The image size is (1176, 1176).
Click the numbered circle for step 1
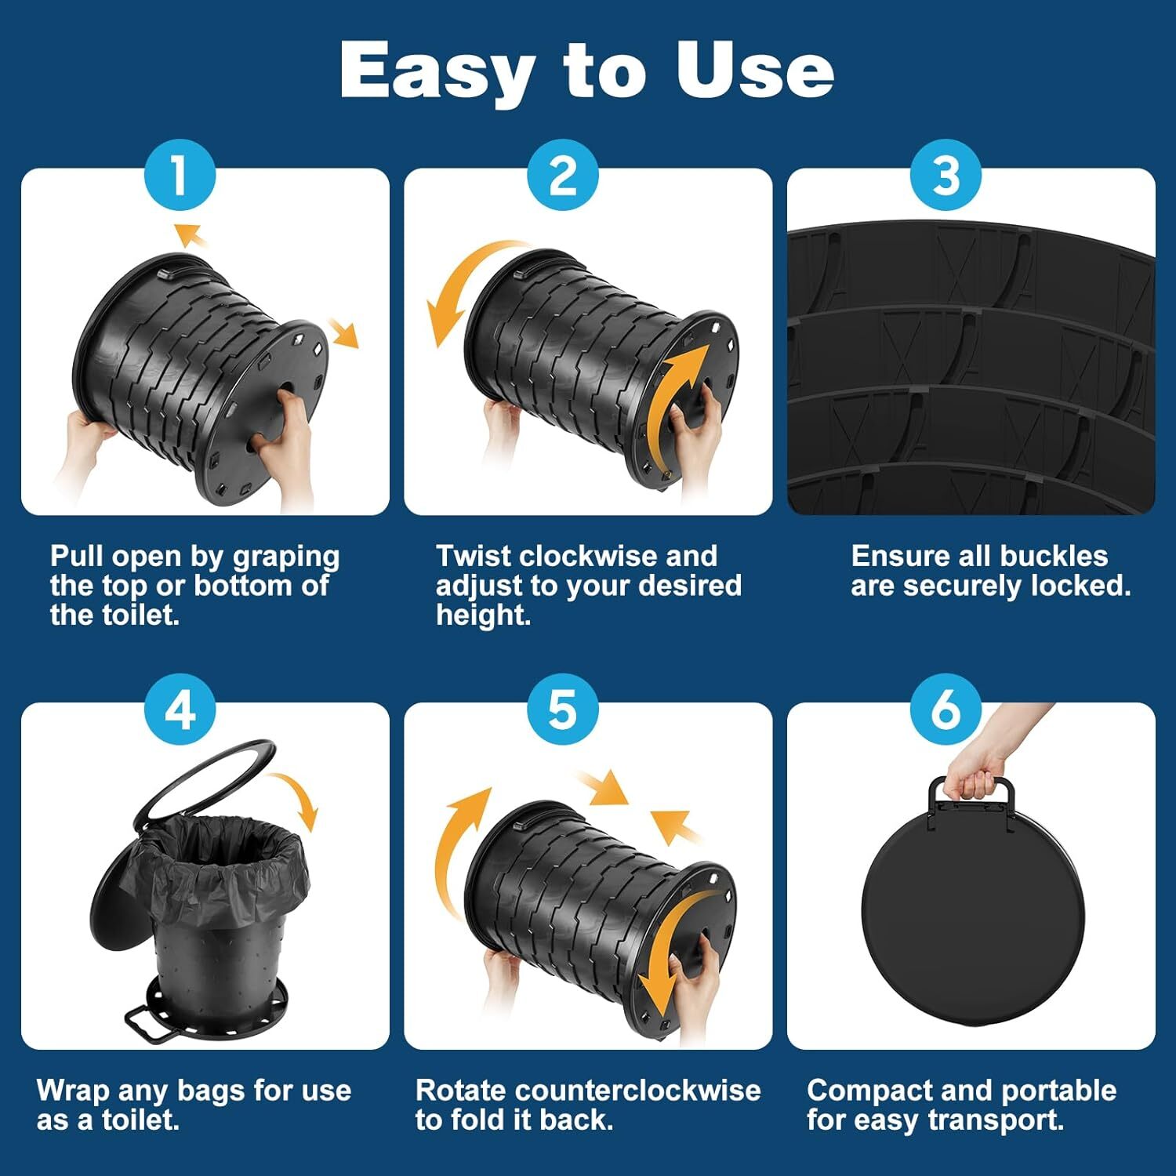tap(180, 175)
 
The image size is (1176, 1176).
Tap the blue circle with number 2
tap(563, 175)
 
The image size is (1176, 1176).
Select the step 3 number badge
tap(946, 175)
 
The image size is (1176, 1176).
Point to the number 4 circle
tap(180, 710)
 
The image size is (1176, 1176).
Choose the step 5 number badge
tap(563, 710)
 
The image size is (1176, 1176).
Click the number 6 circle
tap(946, 710)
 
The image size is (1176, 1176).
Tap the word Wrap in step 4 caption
tap(71, 1091)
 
